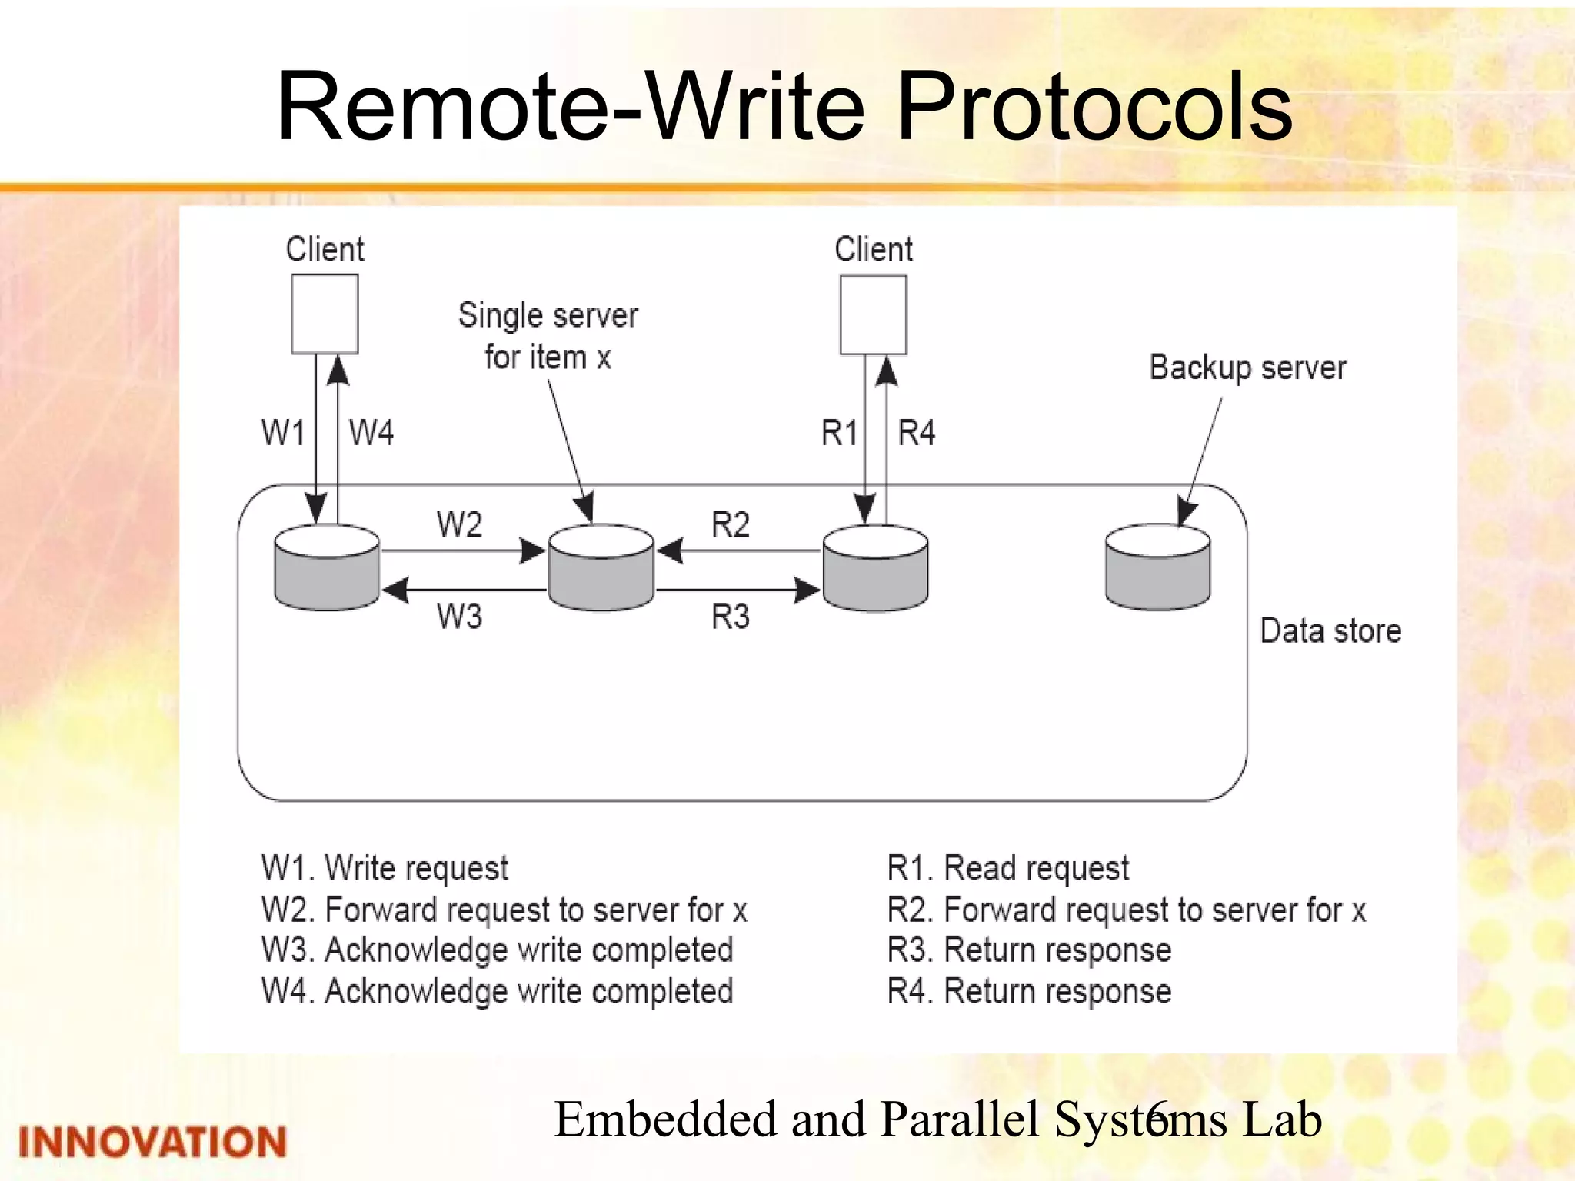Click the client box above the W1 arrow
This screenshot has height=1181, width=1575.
pos(325,314)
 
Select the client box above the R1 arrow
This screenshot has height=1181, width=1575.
pos(873,314)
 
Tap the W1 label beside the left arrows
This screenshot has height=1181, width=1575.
pos(283,433)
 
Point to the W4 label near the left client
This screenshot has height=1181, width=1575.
pos(371,433)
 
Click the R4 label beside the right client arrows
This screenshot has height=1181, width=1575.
pos(917,433)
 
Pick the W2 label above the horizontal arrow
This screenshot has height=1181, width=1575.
pos(459,525)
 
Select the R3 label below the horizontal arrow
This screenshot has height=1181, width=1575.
pos(730,617)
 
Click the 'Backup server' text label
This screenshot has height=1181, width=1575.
pos(1247,368)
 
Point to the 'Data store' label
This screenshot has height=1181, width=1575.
pos(1330,630)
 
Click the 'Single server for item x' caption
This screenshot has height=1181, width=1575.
pos(548,336)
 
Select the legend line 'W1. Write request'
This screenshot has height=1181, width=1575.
pos(385,868)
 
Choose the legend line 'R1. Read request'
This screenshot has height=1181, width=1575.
pos(1007,868)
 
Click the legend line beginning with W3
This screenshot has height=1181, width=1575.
pos(497,950)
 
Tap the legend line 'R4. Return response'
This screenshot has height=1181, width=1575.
pos(1029,991)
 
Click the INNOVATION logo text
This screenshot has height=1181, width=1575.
pos(152,1142)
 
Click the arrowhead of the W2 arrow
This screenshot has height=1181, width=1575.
pos(533,551)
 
